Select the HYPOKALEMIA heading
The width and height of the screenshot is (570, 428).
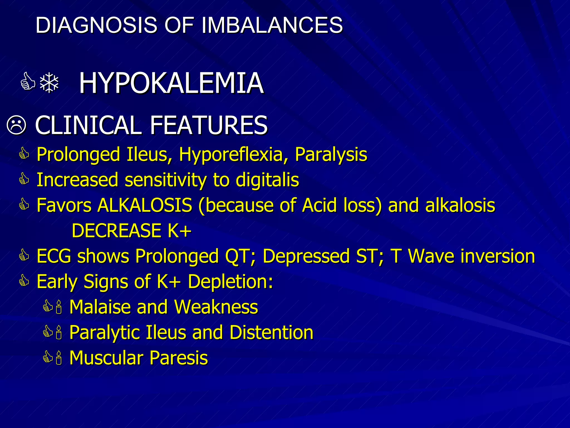click(171, 83)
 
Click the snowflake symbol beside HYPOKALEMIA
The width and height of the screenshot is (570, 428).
click(49, 83)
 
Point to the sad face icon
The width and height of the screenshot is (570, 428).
click(16, 125)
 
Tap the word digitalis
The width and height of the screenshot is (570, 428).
click(267, 180)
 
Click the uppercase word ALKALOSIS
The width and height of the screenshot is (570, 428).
click(145, 205)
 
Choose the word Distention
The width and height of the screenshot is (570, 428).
click(271, 332)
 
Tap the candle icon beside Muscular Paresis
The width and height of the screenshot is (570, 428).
click(58, 358)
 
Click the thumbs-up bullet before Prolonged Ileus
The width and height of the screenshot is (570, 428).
click(24, 154)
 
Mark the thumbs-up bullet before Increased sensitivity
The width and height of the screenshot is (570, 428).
click(24, 179)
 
